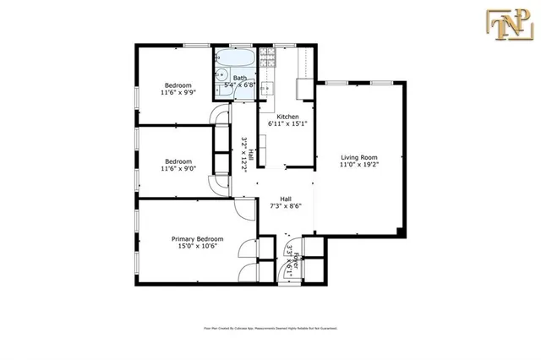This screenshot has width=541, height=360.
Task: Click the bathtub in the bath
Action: tap(233, 60)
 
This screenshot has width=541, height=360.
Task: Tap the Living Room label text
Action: tap(358, 157)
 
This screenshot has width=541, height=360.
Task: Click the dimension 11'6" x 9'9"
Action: tap(177, 94)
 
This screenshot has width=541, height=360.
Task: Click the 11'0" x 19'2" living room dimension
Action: tap(358, 166)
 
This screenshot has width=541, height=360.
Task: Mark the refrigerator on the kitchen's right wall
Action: tap(303, 90)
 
